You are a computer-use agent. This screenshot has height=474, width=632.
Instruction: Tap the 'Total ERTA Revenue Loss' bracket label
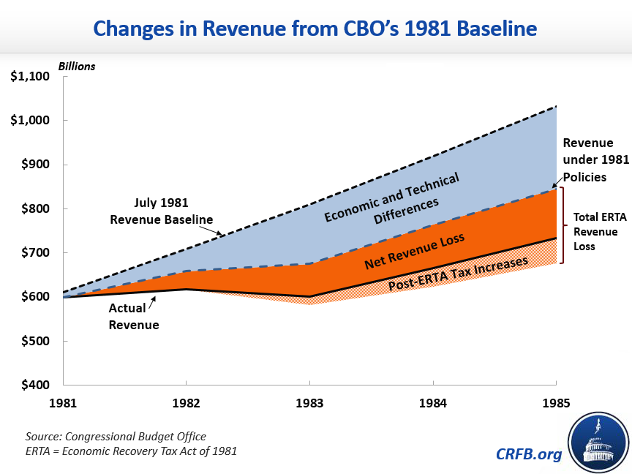click(596, 232)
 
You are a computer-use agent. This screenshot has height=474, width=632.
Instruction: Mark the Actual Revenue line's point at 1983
click(309, 296)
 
